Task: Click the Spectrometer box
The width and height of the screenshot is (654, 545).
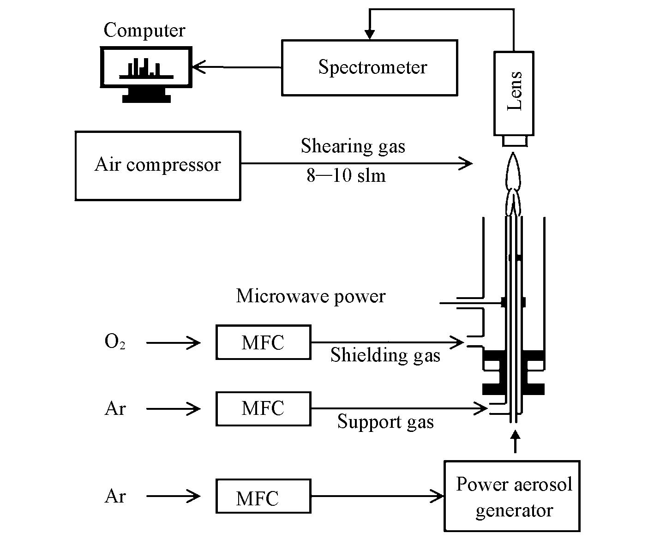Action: coord(369,68)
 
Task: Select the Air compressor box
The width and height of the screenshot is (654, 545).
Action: coord(157,166)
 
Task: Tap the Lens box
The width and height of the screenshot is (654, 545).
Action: coord(514,93)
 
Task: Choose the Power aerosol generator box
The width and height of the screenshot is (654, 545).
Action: coord(512,496)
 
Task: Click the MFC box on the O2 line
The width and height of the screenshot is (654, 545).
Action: coord(263,342)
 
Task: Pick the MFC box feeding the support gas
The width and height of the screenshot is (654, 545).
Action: coord(263,409)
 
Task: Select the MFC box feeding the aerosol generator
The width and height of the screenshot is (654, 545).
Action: coord(263,497)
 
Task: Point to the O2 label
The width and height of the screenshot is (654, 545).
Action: coord(115,342)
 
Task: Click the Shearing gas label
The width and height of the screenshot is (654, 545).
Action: coord(353,146)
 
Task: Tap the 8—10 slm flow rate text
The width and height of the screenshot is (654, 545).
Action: coord(346,176)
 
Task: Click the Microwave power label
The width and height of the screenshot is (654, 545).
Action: coord(311,296)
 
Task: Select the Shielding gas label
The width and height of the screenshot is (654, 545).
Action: coord(385,355)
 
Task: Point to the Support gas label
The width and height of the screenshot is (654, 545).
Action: coord(385,422)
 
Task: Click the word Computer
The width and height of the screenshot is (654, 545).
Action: coord(144,30)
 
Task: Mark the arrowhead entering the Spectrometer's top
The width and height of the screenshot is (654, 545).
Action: coord(369,35)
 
